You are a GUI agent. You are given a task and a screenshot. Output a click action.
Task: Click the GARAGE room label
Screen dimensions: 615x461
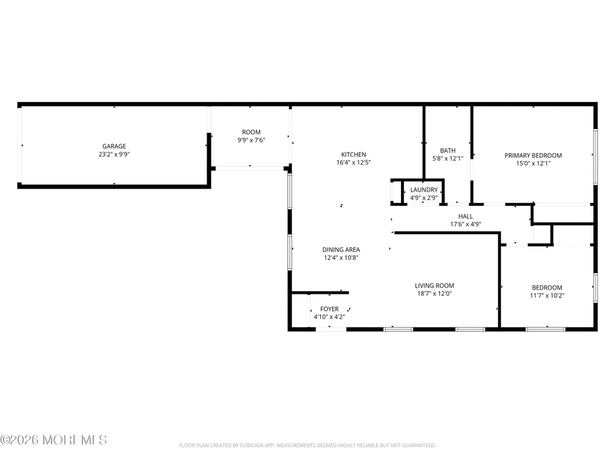114,146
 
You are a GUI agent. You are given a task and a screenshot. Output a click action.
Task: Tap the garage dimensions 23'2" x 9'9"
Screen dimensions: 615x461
114,154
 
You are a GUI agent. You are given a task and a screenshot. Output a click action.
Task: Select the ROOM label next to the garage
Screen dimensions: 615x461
251,132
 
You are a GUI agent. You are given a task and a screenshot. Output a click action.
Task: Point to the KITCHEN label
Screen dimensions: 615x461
354,154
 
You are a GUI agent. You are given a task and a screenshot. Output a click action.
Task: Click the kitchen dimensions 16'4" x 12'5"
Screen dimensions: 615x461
354,162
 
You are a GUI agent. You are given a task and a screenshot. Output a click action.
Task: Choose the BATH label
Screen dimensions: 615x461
448,151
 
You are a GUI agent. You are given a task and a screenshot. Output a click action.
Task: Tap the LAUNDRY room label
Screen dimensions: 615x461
424,190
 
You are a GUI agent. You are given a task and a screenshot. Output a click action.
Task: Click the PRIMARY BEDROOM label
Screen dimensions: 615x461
533,156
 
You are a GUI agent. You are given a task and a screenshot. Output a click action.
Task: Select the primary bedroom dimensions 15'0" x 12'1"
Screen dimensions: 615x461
533,164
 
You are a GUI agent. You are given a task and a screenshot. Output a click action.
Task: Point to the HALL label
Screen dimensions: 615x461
466,216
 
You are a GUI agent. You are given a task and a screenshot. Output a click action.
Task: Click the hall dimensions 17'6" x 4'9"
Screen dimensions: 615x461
466,224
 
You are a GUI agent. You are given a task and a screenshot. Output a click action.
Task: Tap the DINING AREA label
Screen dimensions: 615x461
341,250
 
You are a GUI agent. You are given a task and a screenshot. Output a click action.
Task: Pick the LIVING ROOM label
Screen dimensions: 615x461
434,286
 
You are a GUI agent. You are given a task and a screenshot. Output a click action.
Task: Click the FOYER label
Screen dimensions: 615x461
329,309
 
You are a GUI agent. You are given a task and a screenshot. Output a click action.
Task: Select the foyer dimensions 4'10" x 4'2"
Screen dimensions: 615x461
329,317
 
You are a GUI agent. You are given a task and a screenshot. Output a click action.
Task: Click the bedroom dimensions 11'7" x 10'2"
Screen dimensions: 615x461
547,296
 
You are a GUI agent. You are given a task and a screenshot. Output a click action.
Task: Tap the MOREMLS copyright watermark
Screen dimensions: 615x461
54,440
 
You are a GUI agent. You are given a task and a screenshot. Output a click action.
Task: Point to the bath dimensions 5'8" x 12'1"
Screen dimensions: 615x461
448,159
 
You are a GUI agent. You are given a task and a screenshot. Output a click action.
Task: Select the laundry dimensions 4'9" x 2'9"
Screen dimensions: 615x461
424,197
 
